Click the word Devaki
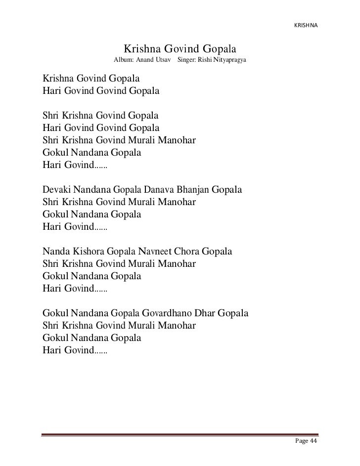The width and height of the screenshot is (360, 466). pyautogui.click(x=57, y=190)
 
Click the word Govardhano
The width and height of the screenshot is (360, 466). pyautogui.click(x=167, y=314)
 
